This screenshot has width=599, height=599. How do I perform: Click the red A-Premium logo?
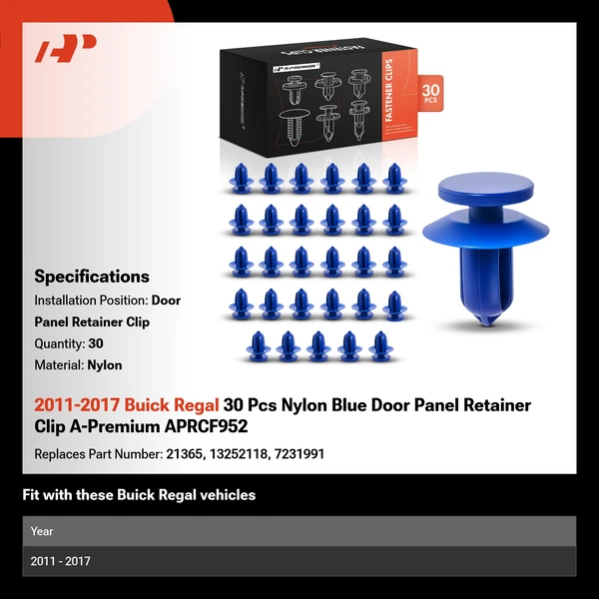[66, 48]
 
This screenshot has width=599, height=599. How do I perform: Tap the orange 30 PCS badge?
[430, 93]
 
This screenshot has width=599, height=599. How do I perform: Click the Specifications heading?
[92, 277]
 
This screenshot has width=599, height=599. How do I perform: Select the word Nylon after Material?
[105, 365]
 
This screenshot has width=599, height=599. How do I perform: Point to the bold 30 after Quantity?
[96, 343]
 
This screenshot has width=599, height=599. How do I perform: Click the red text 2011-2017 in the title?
[77, 405]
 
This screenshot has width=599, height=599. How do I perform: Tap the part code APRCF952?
[206, 426]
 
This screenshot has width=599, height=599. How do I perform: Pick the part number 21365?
[184, 454]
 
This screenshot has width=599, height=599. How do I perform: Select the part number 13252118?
[239, 454]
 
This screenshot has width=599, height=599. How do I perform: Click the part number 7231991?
[299, 454]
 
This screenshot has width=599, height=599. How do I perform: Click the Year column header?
[42, 531]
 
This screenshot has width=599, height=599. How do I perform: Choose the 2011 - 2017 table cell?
[60, 561]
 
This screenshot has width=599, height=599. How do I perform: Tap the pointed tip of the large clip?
[486, 323]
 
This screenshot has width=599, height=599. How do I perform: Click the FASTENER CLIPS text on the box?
[389, 90]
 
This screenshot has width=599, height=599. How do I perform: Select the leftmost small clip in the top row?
[241, 178]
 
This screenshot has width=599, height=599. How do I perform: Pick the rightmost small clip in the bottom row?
[381, 346]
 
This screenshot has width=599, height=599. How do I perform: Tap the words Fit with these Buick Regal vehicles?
[139, 495]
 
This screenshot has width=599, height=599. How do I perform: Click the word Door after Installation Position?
[166, 300]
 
